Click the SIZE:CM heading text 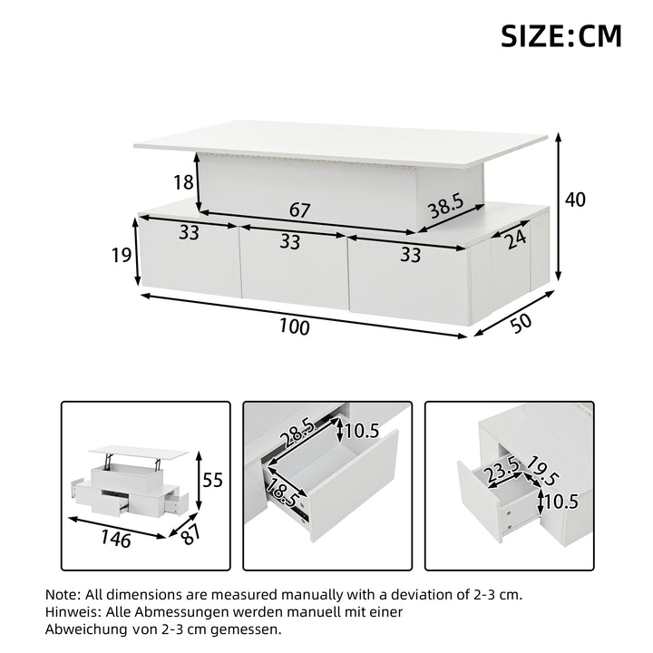pos(561,35)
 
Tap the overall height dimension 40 pos(575,200)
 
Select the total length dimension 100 pos(295,326)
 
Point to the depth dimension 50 pos(521,323)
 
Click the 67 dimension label pos(300,210)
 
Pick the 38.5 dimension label pos(446,206)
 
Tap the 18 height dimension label pos(183,182)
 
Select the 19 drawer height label pos(122,255)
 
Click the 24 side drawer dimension pos(515,239)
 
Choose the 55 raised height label pos(213,480)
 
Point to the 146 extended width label pos(116,539)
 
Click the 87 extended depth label pos(191,534)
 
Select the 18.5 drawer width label pos(284,492)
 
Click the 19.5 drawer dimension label pos(542,471)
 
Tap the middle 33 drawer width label pos(290,241)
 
